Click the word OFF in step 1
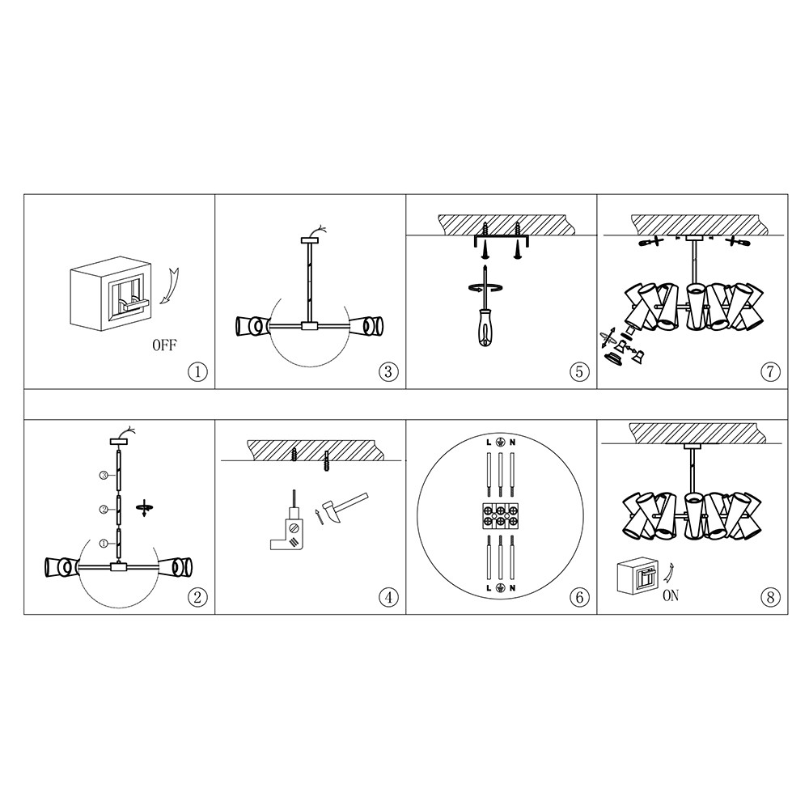pyautogui.click(x=164, y=345)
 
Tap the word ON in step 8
pyautogui.click(x=670, y=595)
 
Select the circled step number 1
pyautogui.click(x=197, y=371)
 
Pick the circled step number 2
pyautogui.click(x=197, y=598)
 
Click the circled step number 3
pyautogui.click(x=388, y=371)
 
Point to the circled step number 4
pyautogui.click(x=388, y=598)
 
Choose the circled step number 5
pyautogui.click(x=579, y=371)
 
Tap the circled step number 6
pyautogui.click(x=579, y=598)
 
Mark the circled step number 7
pyautogui.click(x=770, y=371)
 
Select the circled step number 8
pyautogui.click(x=770, y=598)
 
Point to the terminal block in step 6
pyautogui.click(x=500, y=515)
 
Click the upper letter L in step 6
pyautogui.click(x=489, y=443)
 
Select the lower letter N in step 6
pyautogui.click(x=512, y=588)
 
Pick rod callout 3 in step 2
pyautogui.click(x=104, y=476)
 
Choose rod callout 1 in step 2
pyautogui.click(x=104, y=544)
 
